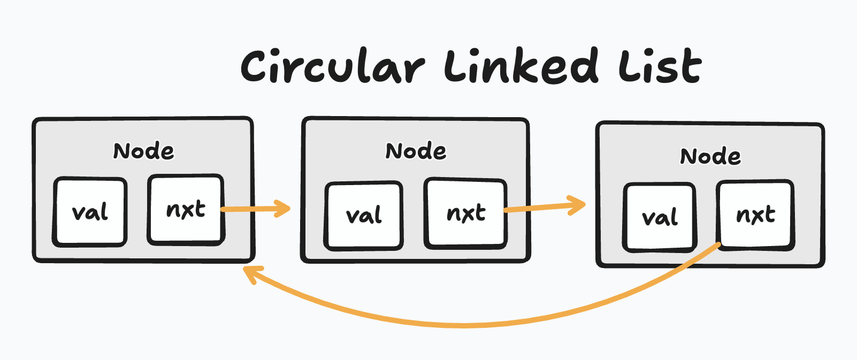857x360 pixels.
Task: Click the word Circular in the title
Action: [x=332, y=67]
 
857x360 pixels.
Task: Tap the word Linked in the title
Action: [x=521, y=66]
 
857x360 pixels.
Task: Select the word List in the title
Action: [x=660, y=66]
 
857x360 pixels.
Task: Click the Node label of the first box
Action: [x=143, y=151]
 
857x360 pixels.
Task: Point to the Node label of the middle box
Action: [x=416, y=151]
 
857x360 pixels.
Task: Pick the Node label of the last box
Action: [x=710, y=157]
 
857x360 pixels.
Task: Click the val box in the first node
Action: [x=90, y=212]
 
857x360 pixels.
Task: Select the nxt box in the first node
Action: [x=186, y=209]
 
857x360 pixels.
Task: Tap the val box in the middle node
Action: [x=364, y=216]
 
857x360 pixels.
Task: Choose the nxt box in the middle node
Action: [x=465, y=213]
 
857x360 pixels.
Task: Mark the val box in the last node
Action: [x=660, y=217]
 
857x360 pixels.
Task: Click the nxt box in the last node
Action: [x=755, y=215]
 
